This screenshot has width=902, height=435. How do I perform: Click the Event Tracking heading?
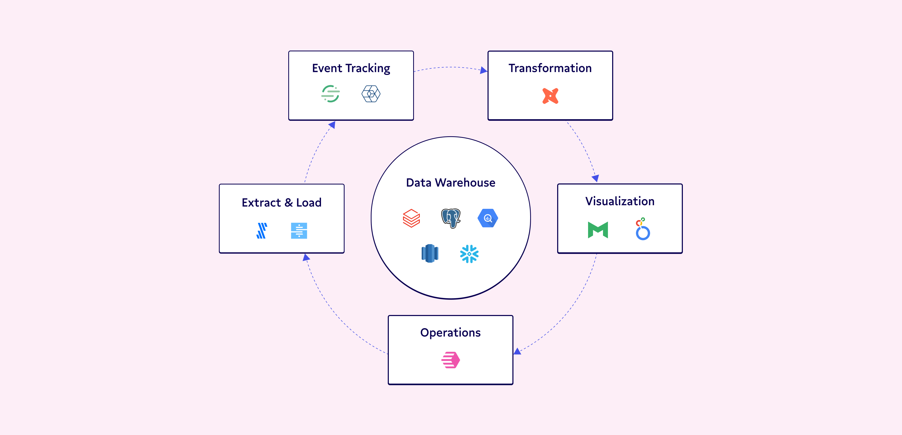pos(351,68)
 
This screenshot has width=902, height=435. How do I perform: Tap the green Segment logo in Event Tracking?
pos(330,94)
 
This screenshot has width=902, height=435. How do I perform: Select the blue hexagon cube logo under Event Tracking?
pos(371,94)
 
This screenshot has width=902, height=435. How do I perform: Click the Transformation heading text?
pos(550,68)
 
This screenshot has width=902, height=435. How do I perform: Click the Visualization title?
pos(619,201)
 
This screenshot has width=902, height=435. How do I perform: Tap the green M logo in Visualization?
pos(598,230)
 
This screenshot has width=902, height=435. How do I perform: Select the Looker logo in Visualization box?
pos(642,229)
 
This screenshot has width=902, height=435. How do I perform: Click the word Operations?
pos(450,332)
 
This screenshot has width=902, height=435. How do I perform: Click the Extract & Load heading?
pos(281,203)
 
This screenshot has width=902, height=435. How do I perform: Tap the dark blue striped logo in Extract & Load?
pos(262,231)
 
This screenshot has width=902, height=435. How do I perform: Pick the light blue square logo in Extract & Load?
pos(299,231)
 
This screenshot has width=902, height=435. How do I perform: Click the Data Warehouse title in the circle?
pos(450,183)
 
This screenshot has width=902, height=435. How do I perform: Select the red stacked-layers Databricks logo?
pos(411,218)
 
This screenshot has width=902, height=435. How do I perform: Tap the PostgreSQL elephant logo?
pos(451,218)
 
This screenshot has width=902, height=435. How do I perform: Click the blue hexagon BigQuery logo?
pos(488,218)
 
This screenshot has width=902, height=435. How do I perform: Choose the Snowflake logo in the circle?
pos(469,254)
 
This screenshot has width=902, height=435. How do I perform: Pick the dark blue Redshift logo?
pos(430,253)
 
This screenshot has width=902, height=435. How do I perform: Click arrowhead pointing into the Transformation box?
pos(484,70)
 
